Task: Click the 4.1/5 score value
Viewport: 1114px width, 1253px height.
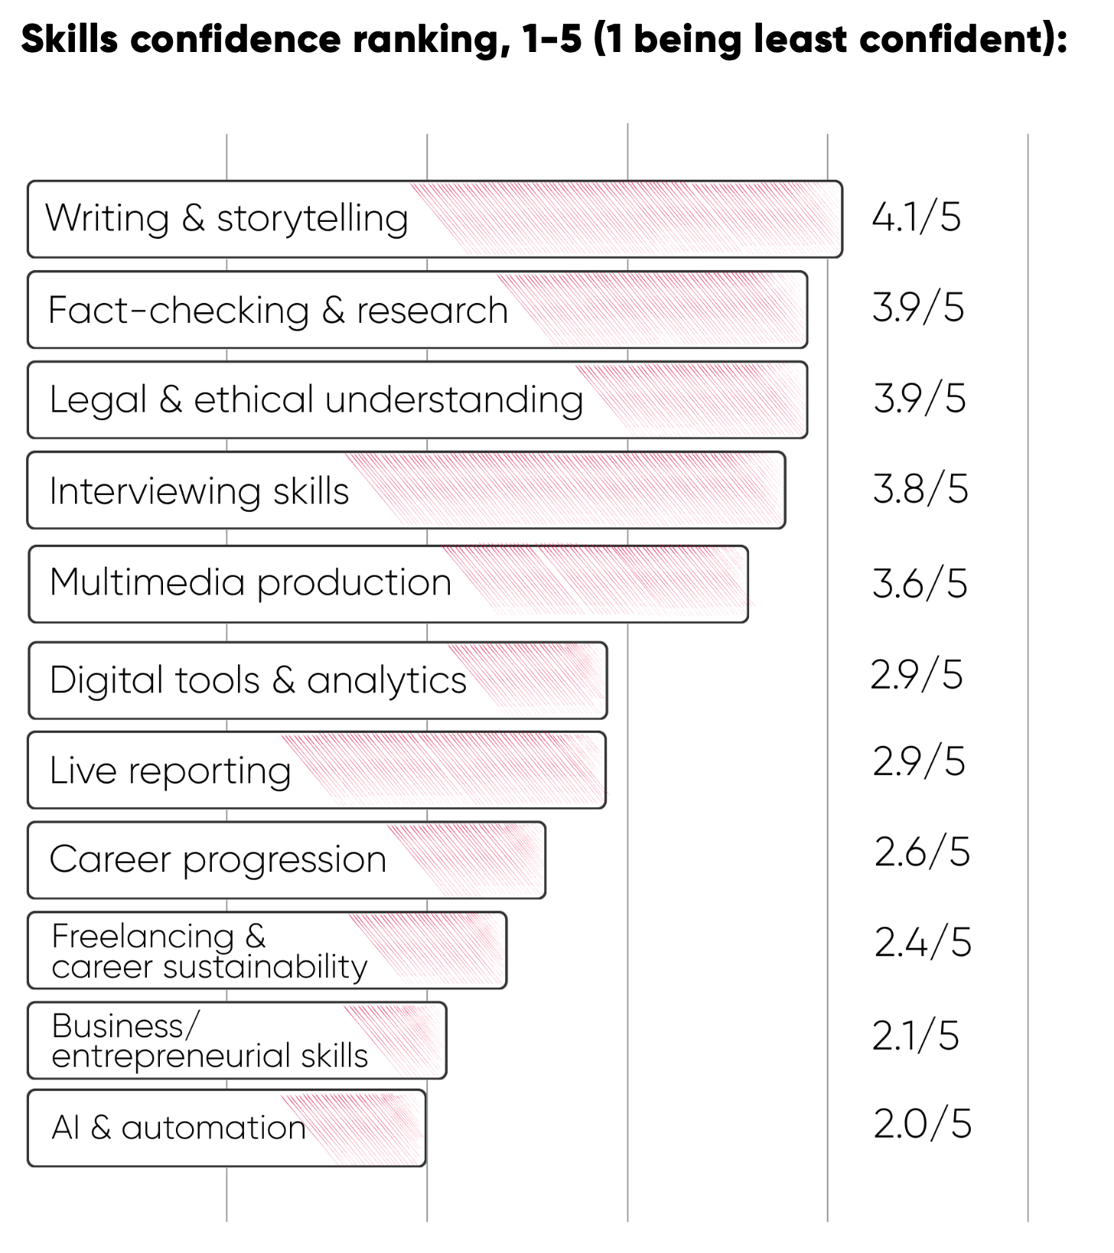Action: pos(916,217)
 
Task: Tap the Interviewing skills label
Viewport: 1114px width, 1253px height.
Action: pos(199,490)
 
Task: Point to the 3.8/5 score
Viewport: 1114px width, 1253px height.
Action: pos(920,490)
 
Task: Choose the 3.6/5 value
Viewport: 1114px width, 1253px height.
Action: pos(920,584)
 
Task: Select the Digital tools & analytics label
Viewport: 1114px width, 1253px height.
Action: pos(258,680)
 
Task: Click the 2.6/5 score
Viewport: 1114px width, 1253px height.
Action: pos(922,852)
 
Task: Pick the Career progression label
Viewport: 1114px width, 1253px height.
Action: pos(218,860)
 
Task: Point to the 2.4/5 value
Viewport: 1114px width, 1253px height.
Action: pos(923,942)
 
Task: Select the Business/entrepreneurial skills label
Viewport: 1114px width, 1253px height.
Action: pos(210,1040)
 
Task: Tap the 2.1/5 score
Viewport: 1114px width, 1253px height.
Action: pos(915,1037)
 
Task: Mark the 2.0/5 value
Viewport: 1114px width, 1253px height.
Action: pos(922,1124)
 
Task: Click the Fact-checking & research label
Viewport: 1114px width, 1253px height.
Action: pos(278,311)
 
